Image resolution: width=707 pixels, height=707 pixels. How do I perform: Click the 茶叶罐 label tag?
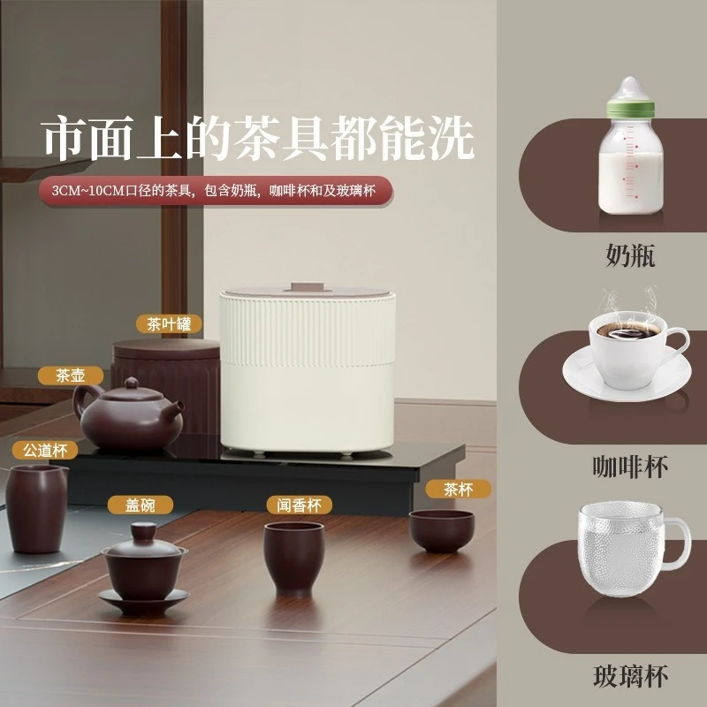pos(170,324)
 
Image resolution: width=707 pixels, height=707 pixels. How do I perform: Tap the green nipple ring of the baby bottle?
pos(633,108)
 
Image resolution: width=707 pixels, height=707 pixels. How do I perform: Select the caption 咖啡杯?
pos(630,466)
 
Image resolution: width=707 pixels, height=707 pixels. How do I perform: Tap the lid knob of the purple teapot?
pos(131,382)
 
